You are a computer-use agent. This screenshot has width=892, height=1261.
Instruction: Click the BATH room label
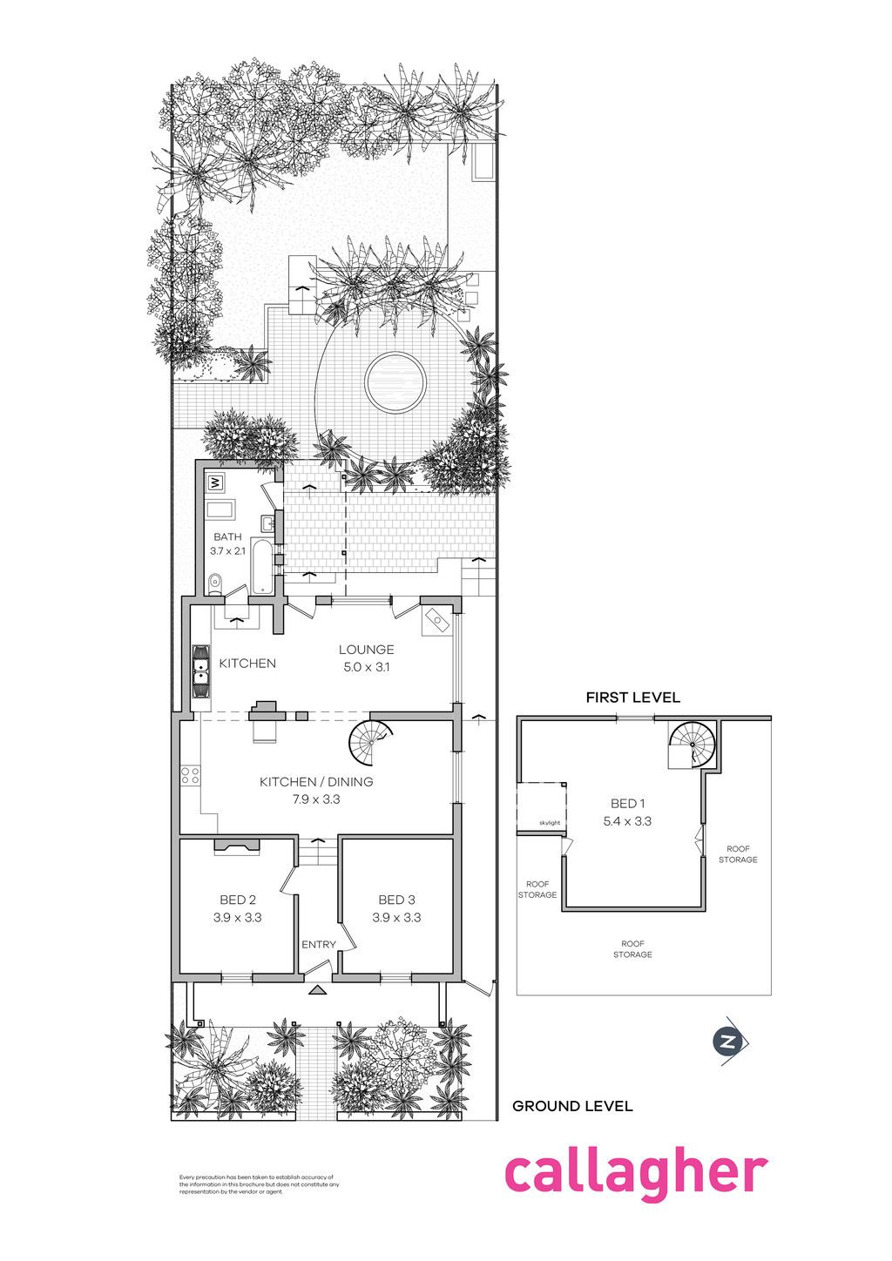[227, 536]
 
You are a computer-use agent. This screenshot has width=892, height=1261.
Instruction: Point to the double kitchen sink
[201, 671]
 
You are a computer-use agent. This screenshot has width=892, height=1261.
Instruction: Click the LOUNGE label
[366, 650]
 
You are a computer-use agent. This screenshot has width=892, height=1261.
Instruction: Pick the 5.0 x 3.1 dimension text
[366, 667]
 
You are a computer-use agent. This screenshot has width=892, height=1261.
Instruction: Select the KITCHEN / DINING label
[316, 782]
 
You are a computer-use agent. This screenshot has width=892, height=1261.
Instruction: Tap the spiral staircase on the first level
[692, 745]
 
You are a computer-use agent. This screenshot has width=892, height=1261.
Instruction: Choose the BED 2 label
[237, 900]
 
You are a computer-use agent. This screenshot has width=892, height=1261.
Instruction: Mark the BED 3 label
[396, 900]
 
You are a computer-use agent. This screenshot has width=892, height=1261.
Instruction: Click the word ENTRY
[318, 945]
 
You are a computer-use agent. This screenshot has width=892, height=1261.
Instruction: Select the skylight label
[549, 822]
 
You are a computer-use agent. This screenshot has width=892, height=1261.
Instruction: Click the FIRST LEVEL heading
[632, 698]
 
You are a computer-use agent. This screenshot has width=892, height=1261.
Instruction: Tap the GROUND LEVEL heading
[572, 1106]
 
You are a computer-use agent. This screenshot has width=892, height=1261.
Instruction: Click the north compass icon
[730, 1042]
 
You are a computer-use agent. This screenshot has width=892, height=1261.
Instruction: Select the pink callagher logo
[636, 1173]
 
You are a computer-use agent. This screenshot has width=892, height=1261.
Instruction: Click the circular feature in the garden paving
[395, 382]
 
